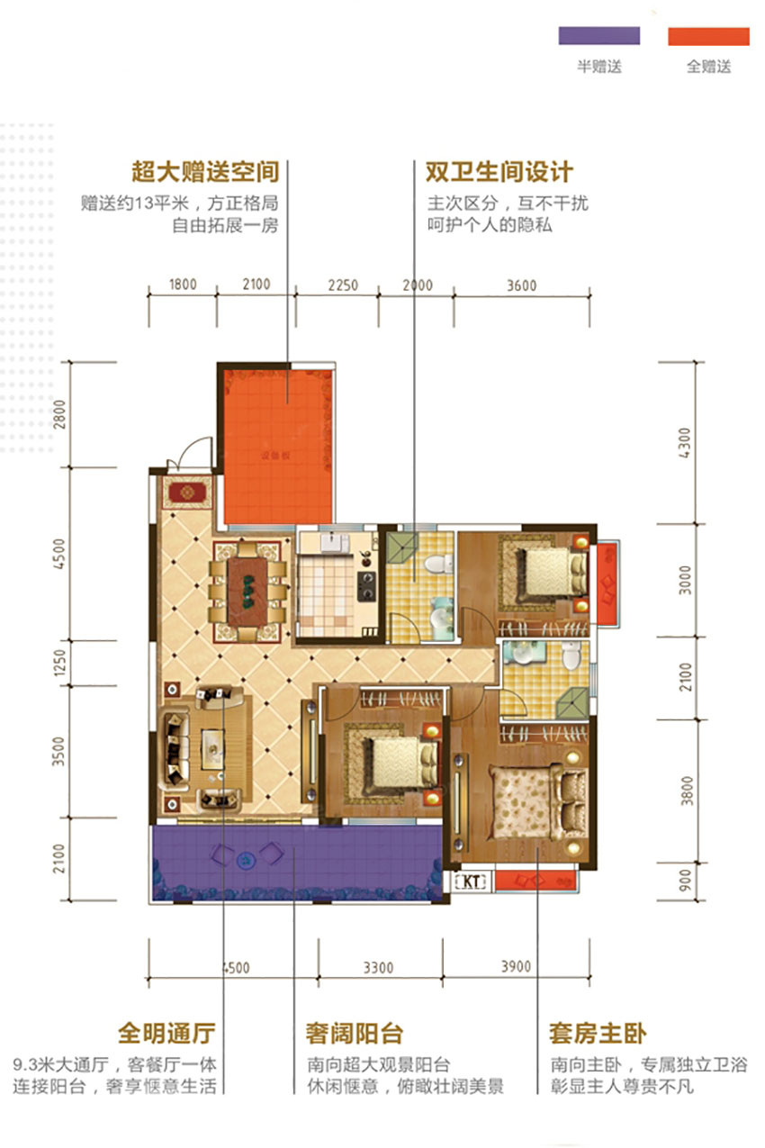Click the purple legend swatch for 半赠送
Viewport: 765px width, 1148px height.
coord(598,36)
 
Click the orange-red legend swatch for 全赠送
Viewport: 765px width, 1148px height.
coord(708,36)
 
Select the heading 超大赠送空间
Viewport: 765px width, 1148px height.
coord(205,172)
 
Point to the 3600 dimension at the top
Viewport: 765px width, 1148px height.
coord(521,285)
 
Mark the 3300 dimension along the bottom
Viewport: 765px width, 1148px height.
coord(378,968)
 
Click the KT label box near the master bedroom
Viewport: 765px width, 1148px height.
coord(472,881)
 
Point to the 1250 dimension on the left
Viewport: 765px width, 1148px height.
coord(60,667)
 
